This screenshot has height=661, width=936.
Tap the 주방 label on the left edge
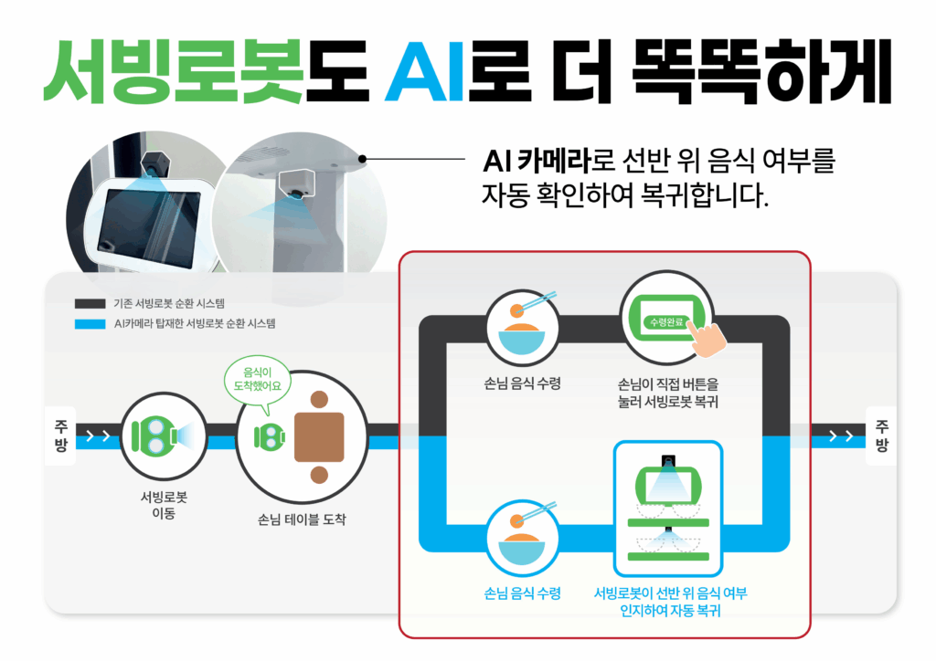pos(60,436)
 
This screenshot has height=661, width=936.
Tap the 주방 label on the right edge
pos(881,436)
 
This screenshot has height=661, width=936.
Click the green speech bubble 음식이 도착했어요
pos(257,377)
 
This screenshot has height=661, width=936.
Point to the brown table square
pos(319,436)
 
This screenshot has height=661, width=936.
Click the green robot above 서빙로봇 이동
pos(152,436)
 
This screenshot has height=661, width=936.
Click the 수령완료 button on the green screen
pos(663,322)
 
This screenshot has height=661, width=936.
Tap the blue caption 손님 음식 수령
pos(522,593)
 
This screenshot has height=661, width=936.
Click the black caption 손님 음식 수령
pos(522,383)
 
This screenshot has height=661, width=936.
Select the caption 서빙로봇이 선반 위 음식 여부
pos(669,593)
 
